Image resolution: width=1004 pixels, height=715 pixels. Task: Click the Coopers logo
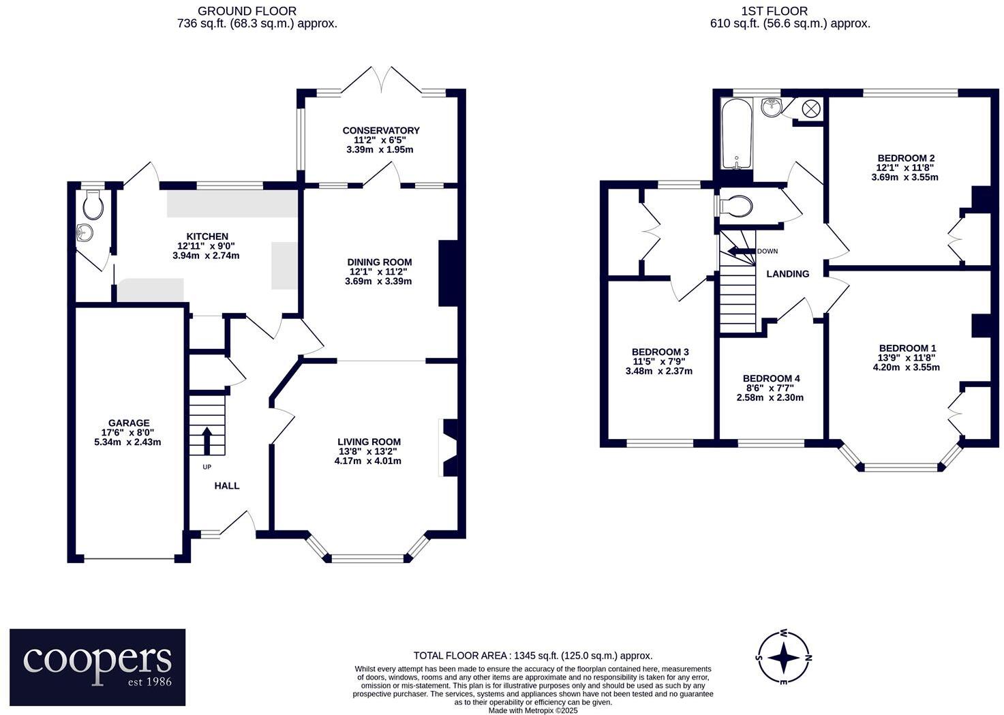tap(97, 667)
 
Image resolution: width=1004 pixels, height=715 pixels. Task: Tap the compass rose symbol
tap(785, 658)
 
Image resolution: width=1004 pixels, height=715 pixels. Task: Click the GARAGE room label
tap(128, 423)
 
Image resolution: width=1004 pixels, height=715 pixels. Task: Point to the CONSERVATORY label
tap(380, 130)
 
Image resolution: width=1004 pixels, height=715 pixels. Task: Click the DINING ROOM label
tap(379, 262)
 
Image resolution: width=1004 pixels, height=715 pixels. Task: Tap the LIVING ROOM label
tap(369, 442)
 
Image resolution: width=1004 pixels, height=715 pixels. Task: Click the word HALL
tap(227, 486)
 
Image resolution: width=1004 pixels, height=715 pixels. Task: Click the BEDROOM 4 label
tap(771, 378)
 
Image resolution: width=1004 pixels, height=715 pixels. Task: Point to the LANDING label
tap(788, 274)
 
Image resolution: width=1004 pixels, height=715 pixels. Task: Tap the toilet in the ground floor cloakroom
tap(92, 203)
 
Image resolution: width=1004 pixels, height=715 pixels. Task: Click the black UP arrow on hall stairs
tap(207, 440)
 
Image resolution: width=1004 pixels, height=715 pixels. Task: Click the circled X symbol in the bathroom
tap(811, 108)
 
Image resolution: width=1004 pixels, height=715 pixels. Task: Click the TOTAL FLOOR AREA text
tap(533, 656)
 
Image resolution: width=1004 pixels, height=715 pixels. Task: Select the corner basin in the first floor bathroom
tap(772, 106)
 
